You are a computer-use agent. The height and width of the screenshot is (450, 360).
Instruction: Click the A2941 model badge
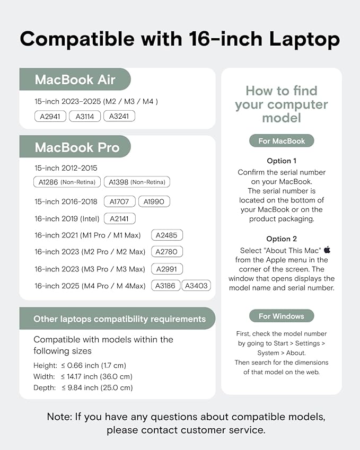[50, 116]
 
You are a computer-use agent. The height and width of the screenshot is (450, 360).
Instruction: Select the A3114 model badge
[85, 116]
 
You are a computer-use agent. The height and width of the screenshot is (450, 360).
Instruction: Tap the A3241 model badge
[119, 116]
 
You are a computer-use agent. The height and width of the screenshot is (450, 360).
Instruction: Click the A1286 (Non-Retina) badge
[67, 182]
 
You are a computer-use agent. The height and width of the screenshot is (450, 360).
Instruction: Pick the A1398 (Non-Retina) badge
[137, 182]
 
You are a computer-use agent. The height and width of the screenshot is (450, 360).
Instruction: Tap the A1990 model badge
[154, 201]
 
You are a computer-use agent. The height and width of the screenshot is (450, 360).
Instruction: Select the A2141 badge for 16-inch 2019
[120, 218]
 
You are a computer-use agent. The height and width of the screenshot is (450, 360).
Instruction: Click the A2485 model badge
[167, 235]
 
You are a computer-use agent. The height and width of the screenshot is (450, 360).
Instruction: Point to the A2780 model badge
[167, 252]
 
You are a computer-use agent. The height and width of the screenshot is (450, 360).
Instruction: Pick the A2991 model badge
[167, 269]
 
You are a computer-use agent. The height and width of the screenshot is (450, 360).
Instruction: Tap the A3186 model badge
[166, 286]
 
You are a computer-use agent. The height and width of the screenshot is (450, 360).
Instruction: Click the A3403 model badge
[196, 286]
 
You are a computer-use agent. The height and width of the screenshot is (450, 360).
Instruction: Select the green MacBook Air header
[75, 80]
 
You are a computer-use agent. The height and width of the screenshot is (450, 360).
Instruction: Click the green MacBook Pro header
[75, 147]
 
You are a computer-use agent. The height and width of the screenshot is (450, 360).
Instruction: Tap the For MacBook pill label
[282, 141]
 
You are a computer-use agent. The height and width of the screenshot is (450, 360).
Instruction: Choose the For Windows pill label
[282, 316]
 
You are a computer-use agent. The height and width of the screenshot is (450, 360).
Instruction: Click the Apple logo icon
[327, 249]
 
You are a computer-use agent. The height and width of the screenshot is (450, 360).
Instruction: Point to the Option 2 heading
[282, 239]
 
